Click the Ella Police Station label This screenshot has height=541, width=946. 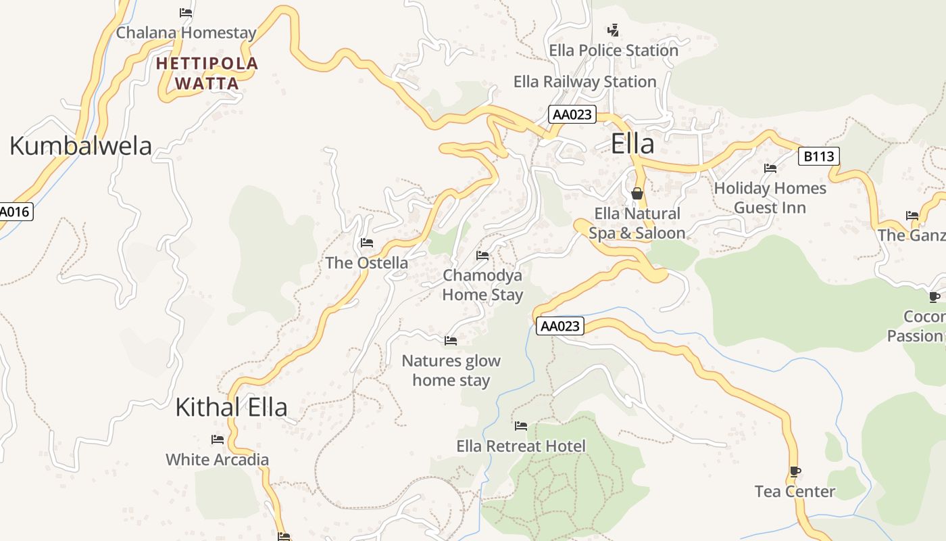click(x=613, y=50)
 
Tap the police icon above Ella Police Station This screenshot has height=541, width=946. click(x=613, y=30)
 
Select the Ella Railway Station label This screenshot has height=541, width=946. click(x=584, y=82)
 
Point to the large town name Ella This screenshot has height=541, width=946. click(x=632, y=144)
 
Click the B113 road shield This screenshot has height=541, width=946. click(x=818, y=157)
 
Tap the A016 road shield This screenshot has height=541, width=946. click(x=14, y=212)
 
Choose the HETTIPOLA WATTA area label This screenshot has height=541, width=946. click(x=207, y=74)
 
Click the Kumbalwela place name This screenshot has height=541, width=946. click(x=80, y=146)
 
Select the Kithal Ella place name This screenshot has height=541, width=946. click(x=231, y=407)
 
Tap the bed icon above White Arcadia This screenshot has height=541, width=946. click(x=217, y=440)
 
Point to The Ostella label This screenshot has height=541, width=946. click(x=366, y=263)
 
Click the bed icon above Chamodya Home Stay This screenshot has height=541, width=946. click(x=482, y=256)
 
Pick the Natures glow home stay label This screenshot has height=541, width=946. click(x=451, y=370)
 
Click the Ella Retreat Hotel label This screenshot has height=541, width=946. click(x=521, y=446)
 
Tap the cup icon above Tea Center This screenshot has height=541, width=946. click(x=795, y=471)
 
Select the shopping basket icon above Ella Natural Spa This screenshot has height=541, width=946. click(x=637, y=194)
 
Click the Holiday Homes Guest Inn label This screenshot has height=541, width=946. click(x=770, y=197)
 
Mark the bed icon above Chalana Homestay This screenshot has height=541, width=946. click(x=186, y=12)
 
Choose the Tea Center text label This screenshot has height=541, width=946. click(x=795, y=492)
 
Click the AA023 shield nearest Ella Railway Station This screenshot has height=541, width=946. click(x=572, y=114)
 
